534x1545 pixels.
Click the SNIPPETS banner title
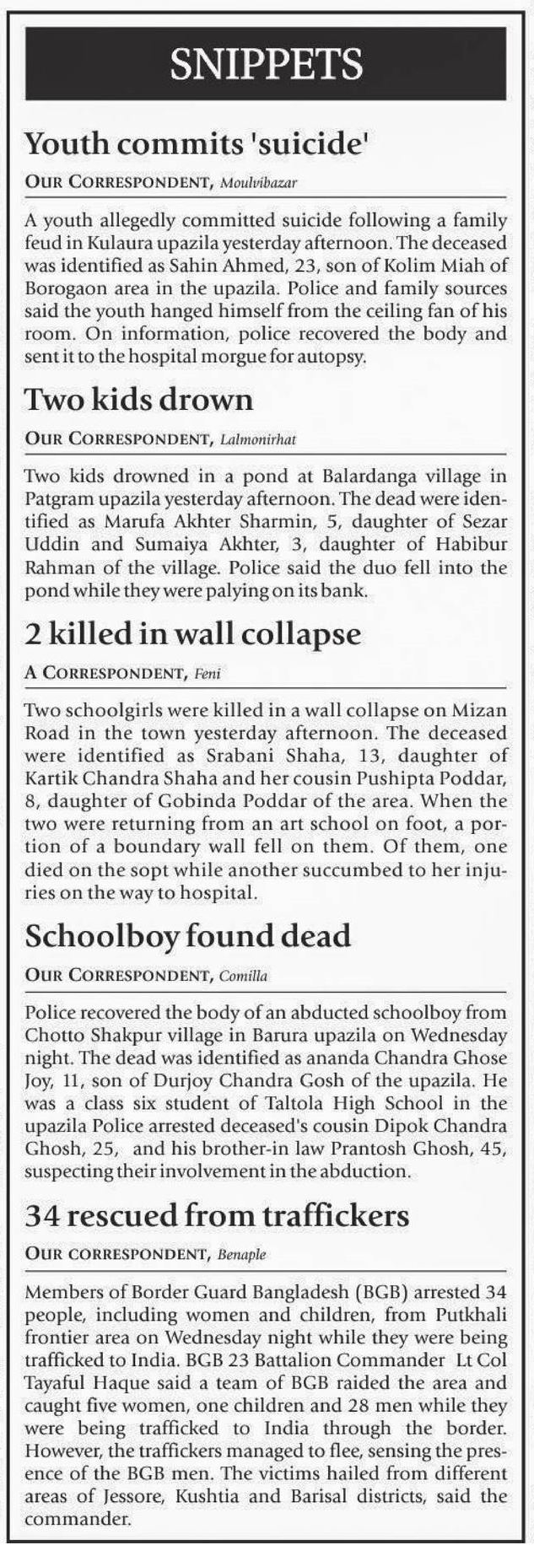tap(267, 63)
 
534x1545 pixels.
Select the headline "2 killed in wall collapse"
tap(193, 634)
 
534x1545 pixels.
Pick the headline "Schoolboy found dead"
tap(188, 936)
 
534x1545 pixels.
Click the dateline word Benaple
tap(241, 1255)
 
